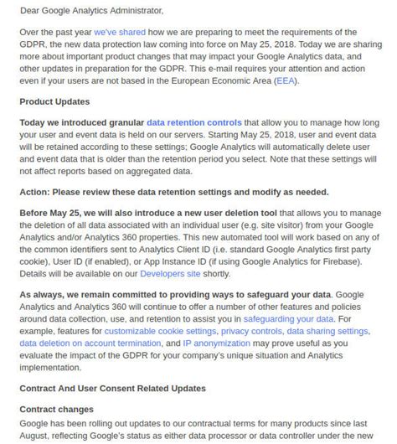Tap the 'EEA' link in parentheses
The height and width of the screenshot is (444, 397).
pos(284,80)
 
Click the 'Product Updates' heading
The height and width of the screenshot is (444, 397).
pos(54,101)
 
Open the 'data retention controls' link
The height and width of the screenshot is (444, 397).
pos(194,122)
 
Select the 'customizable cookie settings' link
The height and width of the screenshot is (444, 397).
pos(148,331)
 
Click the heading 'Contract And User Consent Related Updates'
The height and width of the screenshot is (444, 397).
pos(112,388)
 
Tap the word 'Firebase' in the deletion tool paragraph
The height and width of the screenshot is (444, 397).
pos(341,261)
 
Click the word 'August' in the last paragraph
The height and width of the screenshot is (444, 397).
pos(37,436)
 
